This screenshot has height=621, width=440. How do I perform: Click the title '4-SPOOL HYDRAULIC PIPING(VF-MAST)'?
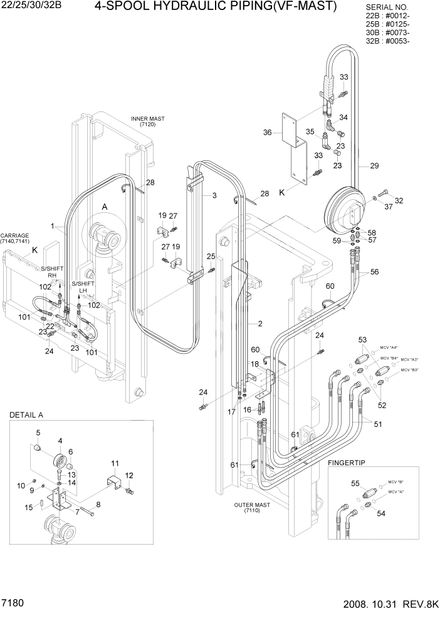[216, 7]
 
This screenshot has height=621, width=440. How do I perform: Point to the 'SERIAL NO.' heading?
[387, 8]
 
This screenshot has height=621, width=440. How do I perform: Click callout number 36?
[268, 132]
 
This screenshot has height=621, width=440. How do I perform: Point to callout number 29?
[375, 166]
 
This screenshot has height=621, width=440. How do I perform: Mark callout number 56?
[374, 272]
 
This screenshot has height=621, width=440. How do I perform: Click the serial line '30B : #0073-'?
[387, 33]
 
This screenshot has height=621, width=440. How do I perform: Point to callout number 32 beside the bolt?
[399, 201]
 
